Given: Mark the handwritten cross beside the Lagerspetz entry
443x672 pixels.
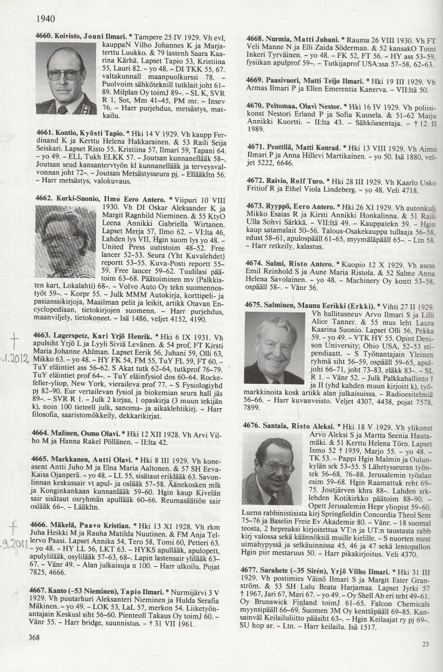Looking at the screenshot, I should coord(14,339).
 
